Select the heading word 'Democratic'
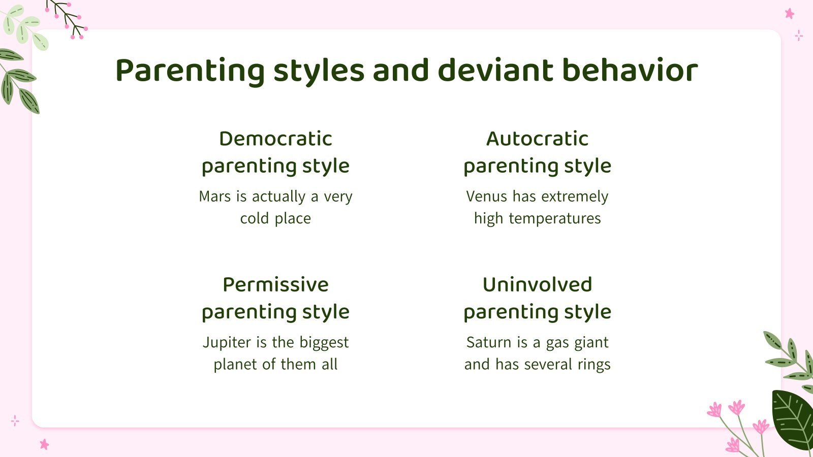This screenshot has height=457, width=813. (x=275, y=139)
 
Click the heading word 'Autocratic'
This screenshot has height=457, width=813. (x=537, y=139)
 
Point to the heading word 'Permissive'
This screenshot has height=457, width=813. (x=275, y=284)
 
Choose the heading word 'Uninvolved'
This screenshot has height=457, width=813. (x=537, y=284)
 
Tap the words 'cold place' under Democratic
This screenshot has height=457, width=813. (x=275, y=219)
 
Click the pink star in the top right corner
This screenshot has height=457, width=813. (x=789, y=14)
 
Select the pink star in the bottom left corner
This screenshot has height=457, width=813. (x=44, y=444)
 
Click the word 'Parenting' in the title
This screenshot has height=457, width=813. (x=190, y=70)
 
